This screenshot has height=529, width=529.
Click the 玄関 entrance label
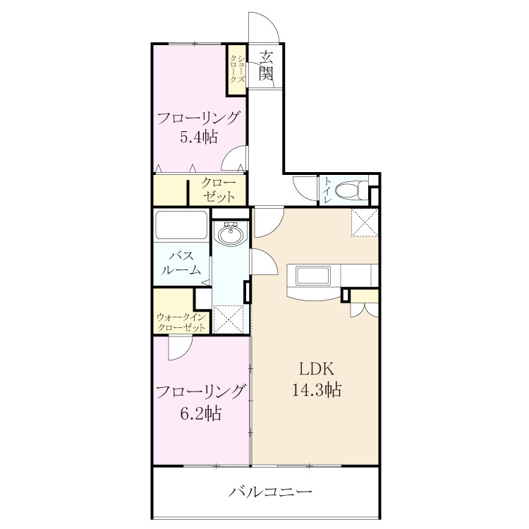[x=266, y=66]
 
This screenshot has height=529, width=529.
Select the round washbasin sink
[x=230, y=233]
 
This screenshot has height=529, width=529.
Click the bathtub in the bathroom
[x=181, y=224]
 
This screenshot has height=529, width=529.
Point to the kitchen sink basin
[x=313, y=276]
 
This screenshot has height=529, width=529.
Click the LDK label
[x=317, y=369]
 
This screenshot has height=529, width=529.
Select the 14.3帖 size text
[x=317, y=389]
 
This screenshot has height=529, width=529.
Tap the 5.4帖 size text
[x=199, y=137]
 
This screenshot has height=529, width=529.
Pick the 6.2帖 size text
[x=201, y=413]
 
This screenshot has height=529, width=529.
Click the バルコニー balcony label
[x=270, y=492]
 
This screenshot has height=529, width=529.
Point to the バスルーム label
[x=181, y=262]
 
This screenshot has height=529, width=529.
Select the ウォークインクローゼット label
[x=181, y=322]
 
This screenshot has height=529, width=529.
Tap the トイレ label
[x=327, y=190]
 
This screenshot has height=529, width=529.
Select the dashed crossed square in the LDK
[x=365, y=223]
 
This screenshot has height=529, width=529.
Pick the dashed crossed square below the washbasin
[x=229, y=319]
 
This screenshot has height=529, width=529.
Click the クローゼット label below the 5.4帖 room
[x=218, y=190]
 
